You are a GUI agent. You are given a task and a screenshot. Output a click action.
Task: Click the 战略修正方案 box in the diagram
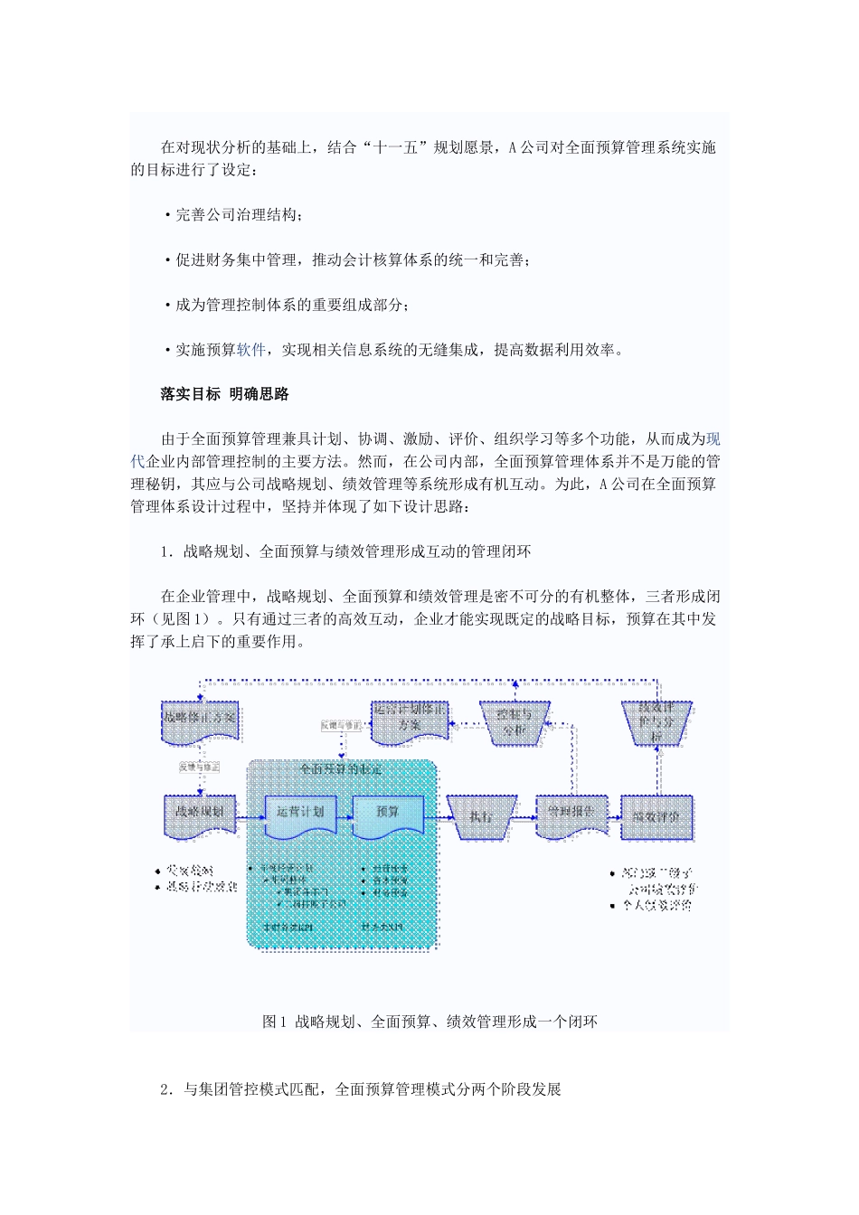tap(200, 720)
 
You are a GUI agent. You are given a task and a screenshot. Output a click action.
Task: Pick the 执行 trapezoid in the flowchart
tap(481, 816)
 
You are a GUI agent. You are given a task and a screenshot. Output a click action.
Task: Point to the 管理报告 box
tap(571, 814)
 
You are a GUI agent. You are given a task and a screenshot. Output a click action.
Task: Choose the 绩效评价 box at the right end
tap(656, 816)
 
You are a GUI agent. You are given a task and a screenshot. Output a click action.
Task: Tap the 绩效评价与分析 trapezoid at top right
tap(656, 721)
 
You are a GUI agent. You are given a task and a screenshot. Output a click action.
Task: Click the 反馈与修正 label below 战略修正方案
tap(200, 767)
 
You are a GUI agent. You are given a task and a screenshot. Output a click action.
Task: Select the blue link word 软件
tap(251, 350)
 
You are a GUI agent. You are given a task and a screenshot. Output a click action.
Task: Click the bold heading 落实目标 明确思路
tap(224, 394)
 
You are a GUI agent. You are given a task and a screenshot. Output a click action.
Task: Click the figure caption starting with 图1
tap(429, 1022)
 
